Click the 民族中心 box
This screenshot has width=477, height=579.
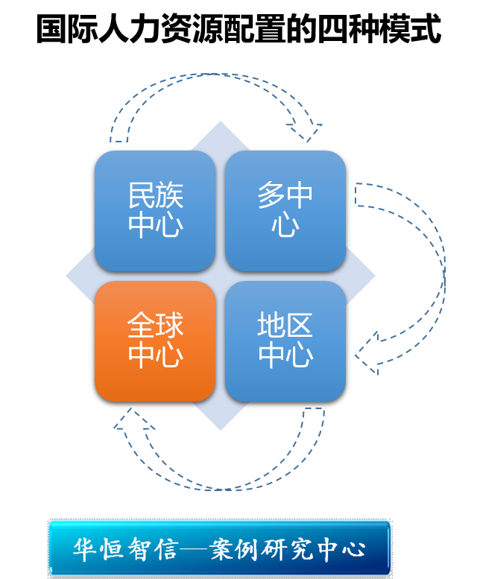click(x=155, y=211)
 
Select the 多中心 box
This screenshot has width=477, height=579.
click(x=285, y=211)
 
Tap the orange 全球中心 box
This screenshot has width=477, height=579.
click(x=155, y=341)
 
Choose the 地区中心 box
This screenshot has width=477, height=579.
click(x=285, y=341)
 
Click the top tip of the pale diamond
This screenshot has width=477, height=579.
click(x=221, y=122)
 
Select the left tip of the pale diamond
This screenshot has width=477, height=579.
click(x=67, y=276)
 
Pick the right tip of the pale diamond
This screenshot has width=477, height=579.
click(x=374, y=276)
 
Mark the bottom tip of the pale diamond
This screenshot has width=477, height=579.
click(x=221, y=429)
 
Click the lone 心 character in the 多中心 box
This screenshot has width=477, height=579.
click(x=285, y=226)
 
